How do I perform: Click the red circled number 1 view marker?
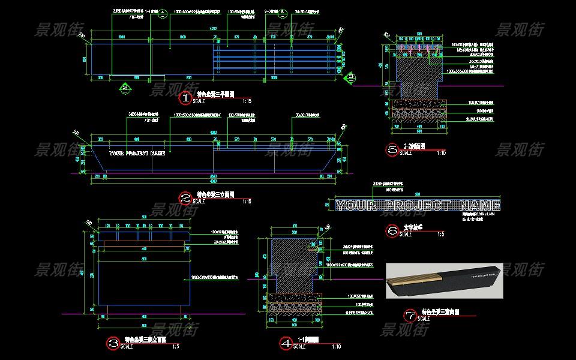[186, 97]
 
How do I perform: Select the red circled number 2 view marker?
[185, 197]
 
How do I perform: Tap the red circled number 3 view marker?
[112, 343]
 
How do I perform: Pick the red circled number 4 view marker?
[286, 343]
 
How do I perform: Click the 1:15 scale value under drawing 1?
[247, 101]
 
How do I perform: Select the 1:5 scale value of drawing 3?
[176, 347]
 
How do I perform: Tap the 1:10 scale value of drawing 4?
[337, 347]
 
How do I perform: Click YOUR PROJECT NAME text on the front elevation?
[137, 153]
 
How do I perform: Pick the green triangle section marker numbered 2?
[125, 88]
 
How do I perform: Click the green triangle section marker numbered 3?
[351, 77]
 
